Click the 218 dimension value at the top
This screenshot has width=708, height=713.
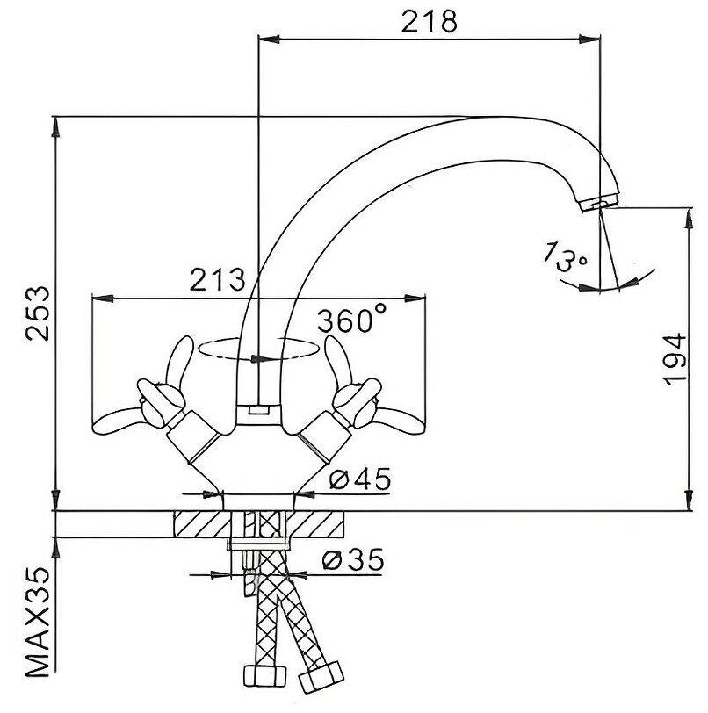pyautogui.click(x=430, y=20)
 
